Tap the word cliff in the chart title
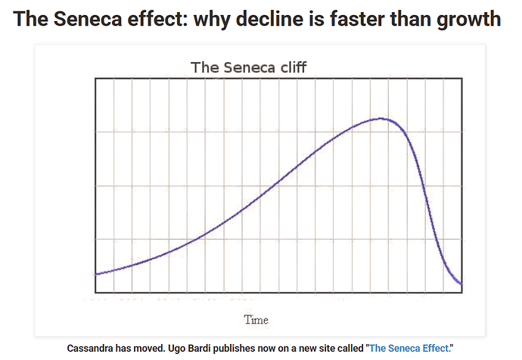292,67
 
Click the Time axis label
256,319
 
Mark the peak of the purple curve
382,118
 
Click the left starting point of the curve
97,273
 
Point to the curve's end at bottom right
460,284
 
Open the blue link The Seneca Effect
409,349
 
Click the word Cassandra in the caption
95,349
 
